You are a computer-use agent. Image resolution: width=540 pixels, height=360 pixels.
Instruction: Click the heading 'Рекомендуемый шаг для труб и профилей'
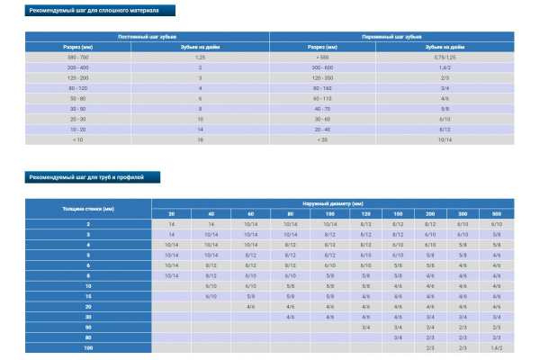(x=80, y=176)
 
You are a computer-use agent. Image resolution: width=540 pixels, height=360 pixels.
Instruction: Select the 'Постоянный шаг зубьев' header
(x=148, y=36)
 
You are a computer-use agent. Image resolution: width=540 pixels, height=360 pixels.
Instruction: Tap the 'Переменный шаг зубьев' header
(x=391, y=36)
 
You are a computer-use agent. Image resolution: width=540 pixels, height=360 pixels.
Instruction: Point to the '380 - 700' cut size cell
(x=78, y=56)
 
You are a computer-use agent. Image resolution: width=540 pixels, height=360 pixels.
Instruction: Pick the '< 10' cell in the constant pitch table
(x=78, y=139)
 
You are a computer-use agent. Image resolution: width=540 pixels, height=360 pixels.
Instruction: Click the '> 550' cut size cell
(x=323, y=56)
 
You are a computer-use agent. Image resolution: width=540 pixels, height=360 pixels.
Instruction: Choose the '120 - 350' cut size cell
(x=323, y=77)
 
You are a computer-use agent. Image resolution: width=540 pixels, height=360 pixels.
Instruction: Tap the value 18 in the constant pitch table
(x=201, y=139)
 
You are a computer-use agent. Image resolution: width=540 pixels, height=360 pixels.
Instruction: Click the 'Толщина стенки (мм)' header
(x=88, y=208)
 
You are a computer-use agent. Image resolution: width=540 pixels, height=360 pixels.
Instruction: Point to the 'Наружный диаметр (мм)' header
(x=332, y=203)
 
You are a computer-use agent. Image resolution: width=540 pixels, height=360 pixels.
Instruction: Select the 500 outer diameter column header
(x=496, y=213)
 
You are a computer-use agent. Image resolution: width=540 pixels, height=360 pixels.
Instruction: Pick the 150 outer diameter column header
(x=398, y=213)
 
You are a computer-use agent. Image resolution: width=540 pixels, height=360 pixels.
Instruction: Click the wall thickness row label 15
(x=88, y=295)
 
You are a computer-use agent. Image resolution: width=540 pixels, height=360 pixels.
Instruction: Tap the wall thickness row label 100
(x=88, y=346)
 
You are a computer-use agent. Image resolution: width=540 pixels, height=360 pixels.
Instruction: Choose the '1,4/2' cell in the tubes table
(x=496, y=346)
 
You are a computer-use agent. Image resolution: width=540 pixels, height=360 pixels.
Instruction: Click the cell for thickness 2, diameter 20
(x=171, y=223)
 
